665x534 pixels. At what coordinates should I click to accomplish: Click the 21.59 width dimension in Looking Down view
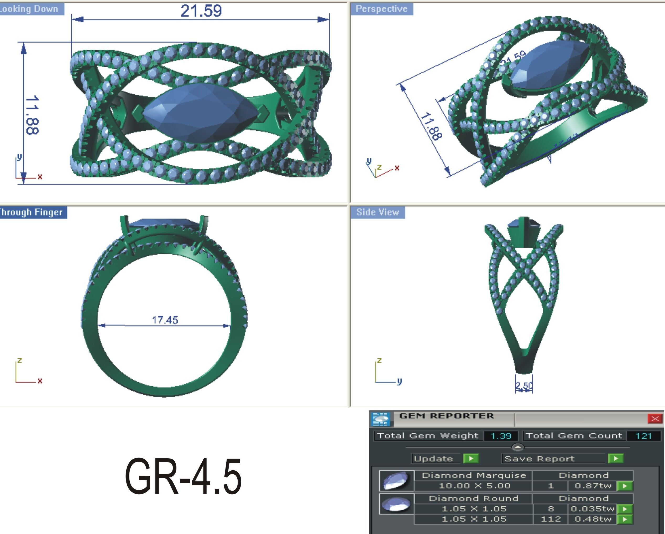click(x=201, y=11)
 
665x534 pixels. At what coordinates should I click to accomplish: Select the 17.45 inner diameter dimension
click(x=165, y=320)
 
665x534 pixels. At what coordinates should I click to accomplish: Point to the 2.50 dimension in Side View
click(x=524, y=386)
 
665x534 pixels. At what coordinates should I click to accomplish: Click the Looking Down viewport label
click(x=30, y=9)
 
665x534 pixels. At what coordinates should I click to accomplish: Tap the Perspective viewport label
click(x=381, y=9)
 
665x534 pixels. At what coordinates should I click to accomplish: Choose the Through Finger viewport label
click(x=32, y=212)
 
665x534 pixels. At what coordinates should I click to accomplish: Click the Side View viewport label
click(x=378, y=212)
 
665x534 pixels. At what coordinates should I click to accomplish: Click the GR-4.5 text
click(x=183, y=476)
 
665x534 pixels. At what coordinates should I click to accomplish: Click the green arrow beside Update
click(x=471, y=459)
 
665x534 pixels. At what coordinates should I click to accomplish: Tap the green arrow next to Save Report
click(x=616, y=459)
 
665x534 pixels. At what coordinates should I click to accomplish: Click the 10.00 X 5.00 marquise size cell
click(x=474, y=486)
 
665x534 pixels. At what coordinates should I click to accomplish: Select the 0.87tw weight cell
click(x=593, y=486)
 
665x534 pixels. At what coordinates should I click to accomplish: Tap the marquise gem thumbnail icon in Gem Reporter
click(x=396, y=481)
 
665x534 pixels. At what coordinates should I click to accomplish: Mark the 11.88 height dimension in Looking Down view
click(x=32, y=115)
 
